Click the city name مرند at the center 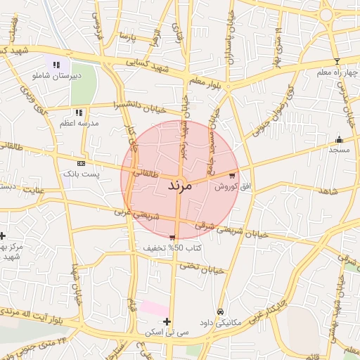180,186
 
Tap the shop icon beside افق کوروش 232,176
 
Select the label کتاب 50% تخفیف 173,248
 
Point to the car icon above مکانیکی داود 220,311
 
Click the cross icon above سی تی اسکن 167,321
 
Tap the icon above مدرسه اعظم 79,112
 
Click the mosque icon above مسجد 340,139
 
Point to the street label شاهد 328,191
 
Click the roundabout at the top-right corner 326,14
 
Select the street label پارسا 127,36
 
